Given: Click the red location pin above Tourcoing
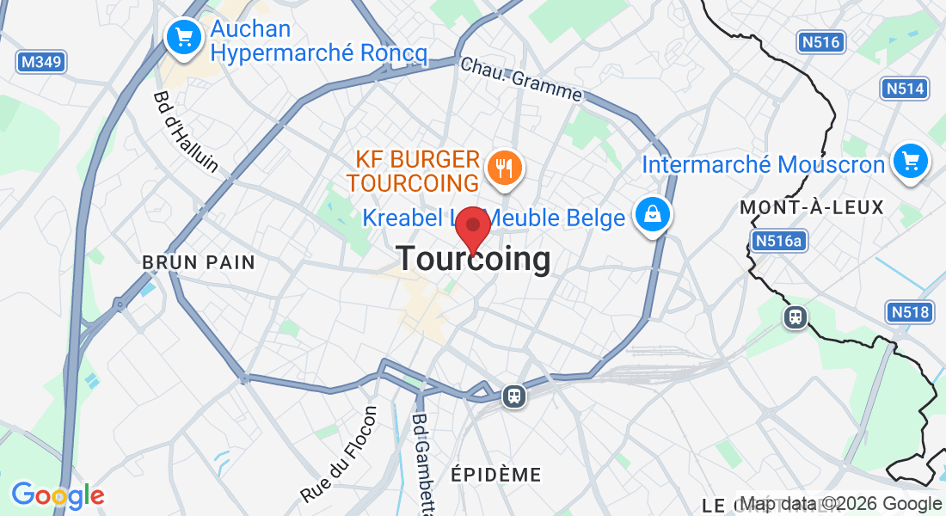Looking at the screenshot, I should click(x=472, y=229).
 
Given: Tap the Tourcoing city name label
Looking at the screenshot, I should click(x=473, y=259).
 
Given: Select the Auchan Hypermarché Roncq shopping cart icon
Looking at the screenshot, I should click(x=182, y=37).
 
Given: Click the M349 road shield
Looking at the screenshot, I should click(x=41, y=62).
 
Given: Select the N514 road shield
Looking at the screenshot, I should click(x=906, y=89).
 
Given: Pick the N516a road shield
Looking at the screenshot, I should click(x=778, y=242).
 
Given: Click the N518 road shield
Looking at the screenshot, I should click(x=910, y=311).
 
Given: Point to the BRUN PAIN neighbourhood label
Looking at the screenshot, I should click(x=199, y=262).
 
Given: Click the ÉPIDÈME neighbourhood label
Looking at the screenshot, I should click(x=496, y=475).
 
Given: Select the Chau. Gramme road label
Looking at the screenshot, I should click(x=521, y=80).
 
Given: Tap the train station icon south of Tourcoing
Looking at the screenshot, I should click(x=514, y=396).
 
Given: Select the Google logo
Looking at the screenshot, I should click(x=58, y=495).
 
